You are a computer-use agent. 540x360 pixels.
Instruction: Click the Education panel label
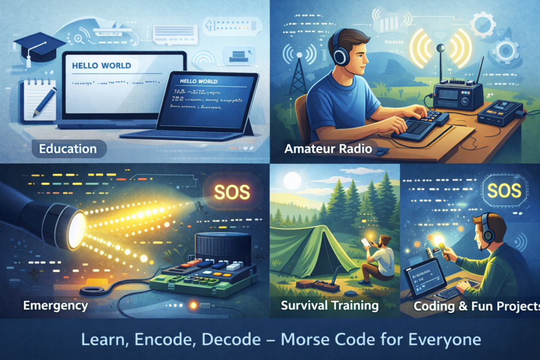[67, 149]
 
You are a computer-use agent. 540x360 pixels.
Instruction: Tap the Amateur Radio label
[328, 149]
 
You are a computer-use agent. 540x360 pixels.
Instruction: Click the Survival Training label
[330, 305]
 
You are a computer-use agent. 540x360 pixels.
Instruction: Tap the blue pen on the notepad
[44, 102]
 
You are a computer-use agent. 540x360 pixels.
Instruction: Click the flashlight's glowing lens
[76, 230]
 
